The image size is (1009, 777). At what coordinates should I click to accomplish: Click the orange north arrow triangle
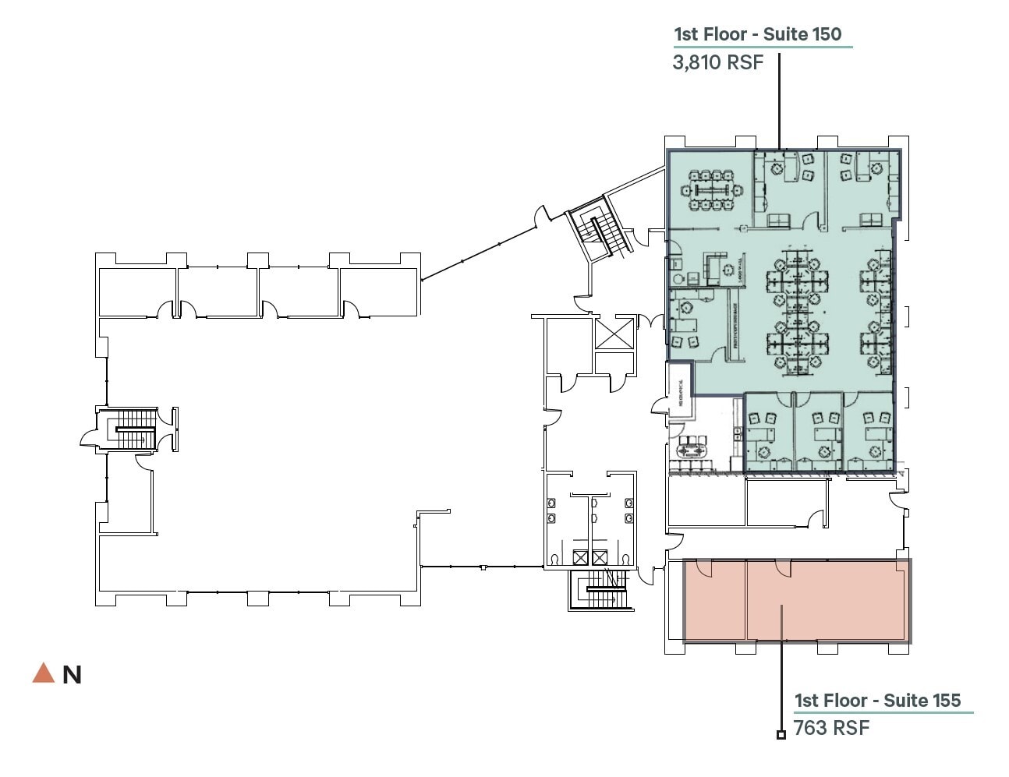(43, 673)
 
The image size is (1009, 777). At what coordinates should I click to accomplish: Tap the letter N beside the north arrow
(72, 675)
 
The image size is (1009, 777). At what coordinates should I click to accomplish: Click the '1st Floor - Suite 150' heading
(757, 34)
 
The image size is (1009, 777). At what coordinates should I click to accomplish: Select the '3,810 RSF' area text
(717, 62)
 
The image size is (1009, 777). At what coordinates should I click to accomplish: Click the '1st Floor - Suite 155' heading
(877, 700)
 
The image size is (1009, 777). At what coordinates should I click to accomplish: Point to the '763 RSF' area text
(831, 728)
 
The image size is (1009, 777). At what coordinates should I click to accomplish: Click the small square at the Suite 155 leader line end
(781, 734)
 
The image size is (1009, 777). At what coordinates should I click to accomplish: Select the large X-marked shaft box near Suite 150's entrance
(614, 334)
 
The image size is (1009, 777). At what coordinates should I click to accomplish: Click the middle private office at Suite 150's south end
(818, 433)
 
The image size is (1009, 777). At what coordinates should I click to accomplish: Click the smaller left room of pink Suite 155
(715, 600)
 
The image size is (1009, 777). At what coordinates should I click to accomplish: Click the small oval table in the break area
(689, 450)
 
